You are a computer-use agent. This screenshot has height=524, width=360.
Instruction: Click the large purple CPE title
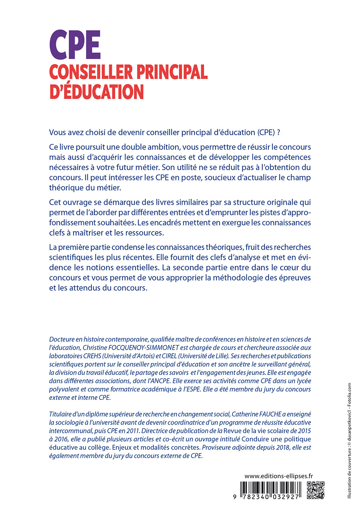75,45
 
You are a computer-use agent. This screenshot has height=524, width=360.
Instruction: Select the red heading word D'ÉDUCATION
96,92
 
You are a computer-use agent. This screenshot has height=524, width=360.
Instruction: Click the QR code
316,490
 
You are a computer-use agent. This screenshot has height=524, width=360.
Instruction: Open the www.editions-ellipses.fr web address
278,476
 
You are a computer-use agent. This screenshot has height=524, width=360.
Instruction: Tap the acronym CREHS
93,356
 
